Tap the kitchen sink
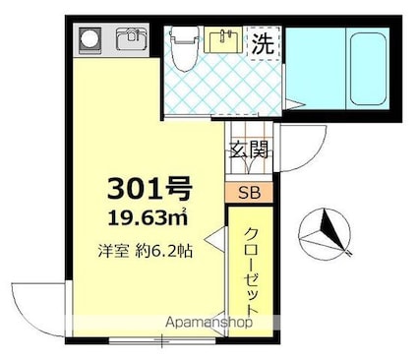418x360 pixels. pyautogui.click(x=128, y=40)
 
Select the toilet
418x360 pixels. pyautogui.click(x=182, y=47)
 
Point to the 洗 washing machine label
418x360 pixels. pyautogui.click(x=263, y=43)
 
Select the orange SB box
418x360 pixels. pyautogui.click(x=249, y=192)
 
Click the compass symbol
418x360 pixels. pyautogui.click(x=324, y=232)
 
